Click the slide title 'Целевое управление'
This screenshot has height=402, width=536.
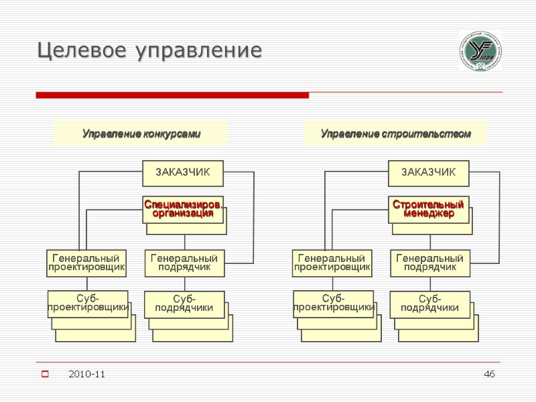(149, 50)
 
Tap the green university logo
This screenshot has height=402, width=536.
(480, 52)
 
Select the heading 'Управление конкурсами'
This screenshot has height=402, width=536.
(141, 134)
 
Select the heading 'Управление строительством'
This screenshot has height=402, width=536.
(395, 134)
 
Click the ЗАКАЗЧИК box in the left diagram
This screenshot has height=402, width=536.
(183, 173)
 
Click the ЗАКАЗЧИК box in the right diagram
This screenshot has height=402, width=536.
(429, 173)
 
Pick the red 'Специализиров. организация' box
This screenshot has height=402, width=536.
(183, 209)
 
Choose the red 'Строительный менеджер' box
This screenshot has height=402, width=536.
(429, 209)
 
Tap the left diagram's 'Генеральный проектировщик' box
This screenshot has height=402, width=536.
(86, 263)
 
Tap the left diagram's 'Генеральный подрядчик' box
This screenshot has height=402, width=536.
(184, 263)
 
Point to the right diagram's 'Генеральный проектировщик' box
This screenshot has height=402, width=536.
(332, 263)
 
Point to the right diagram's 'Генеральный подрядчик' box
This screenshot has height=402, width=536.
(430, 263)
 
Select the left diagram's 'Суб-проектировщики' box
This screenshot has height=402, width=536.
(88, 303)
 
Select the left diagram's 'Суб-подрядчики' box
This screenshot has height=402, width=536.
(184, 304)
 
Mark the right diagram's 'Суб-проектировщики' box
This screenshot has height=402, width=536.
(333, 303)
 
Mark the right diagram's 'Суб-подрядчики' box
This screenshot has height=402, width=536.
(430, 304)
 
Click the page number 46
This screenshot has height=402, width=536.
(490, 373)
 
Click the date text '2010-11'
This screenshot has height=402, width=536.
(86, 373)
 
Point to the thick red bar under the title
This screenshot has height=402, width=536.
(172, 96)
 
